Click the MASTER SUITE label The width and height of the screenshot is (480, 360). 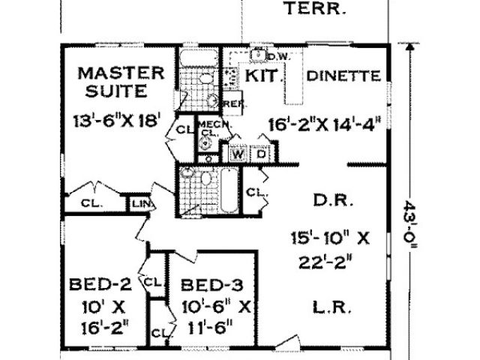pos(121,83)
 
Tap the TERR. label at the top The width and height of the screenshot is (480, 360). pos(314,10)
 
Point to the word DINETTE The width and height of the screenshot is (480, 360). pos(346,76)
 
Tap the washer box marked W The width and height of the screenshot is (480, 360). pos(238,152)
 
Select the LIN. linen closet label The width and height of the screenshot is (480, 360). pos(139,203)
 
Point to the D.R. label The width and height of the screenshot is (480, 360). pos(331,202)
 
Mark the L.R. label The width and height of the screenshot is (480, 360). pos(331,306)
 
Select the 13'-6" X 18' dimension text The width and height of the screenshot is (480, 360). pos(119,121)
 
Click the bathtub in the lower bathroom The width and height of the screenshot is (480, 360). pos(228,190)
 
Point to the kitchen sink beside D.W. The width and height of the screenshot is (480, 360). pos(258,55)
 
